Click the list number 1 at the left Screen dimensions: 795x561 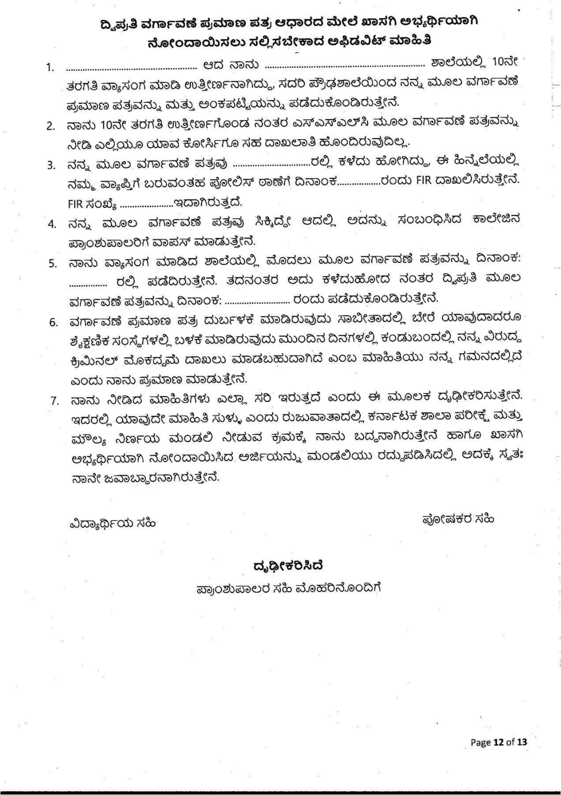(x=50, y=68)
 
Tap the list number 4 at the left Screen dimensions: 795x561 (x=52, y=224)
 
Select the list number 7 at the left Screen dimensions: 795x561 (x=55, y=400)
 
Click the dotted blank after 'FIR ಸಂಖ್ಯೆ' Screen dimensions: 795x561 (x=146, y=204)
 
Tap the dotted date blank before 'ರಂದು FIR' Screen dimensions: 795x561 (x=359, y=181)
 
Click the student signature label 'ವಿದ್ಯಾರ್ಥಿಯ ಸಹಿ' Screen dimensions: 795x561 (x=113, y=523)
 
